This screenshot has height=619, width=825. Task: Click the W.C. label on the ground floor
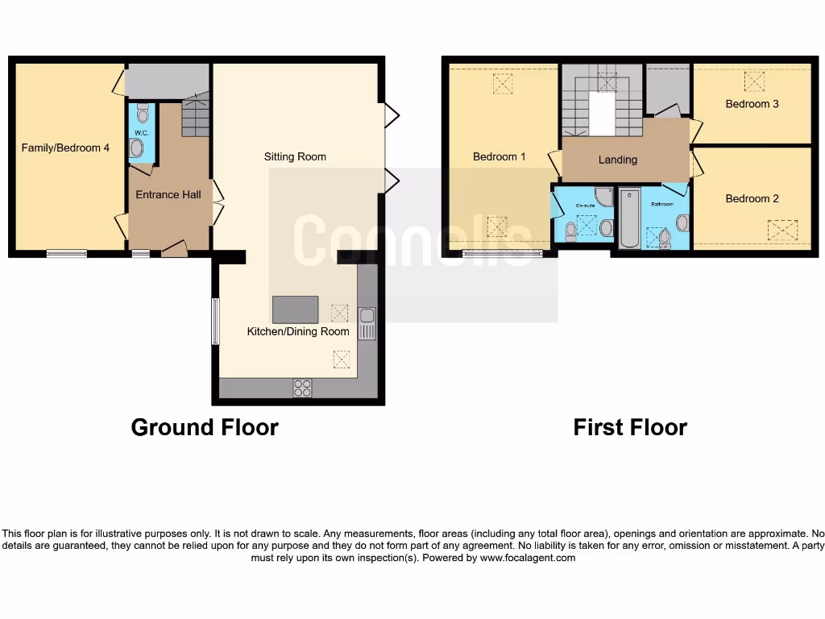coord(139,133)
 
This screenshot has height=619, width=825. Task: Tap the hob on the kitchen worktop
coord(303,388)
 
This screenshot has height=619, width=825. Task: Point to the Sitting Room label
coord(295,156)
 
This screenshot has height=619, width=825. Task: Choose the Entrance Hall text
coord(168,194)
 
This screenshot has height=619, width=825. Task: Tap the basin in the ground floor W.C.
coord(137,148)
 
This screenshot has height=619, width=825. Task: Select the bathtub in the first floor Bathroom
coord(629,218)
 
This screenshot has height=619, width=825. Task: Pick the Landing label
coord(618,160)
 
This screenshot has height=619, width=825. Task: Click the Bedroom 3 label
coord(752,104)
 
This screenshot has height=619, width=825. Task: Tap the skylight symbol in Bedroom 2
coord(781,231)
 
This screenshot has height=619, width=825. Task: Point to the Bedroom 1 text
coord(499,156)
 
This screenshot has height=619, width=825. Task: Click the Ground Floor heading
coord(205,427)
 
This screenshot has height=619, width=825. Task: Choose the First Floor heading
coord(630,427)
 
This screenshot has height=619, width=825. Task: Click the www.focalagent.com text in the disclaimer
coord(528,558)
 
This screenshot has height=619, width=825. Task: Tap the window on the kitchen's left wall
coord(215,322)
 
